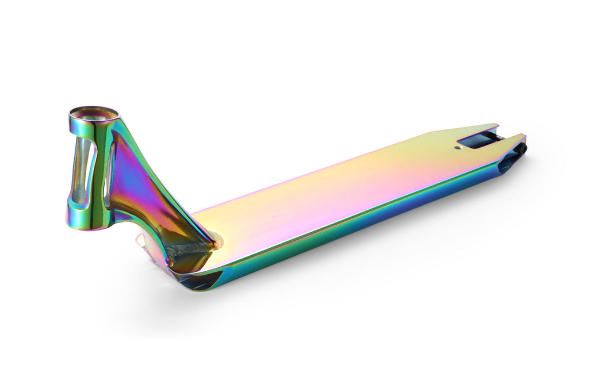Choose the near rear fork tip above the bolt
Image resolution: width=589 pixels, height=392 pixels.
pos(521,137)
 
